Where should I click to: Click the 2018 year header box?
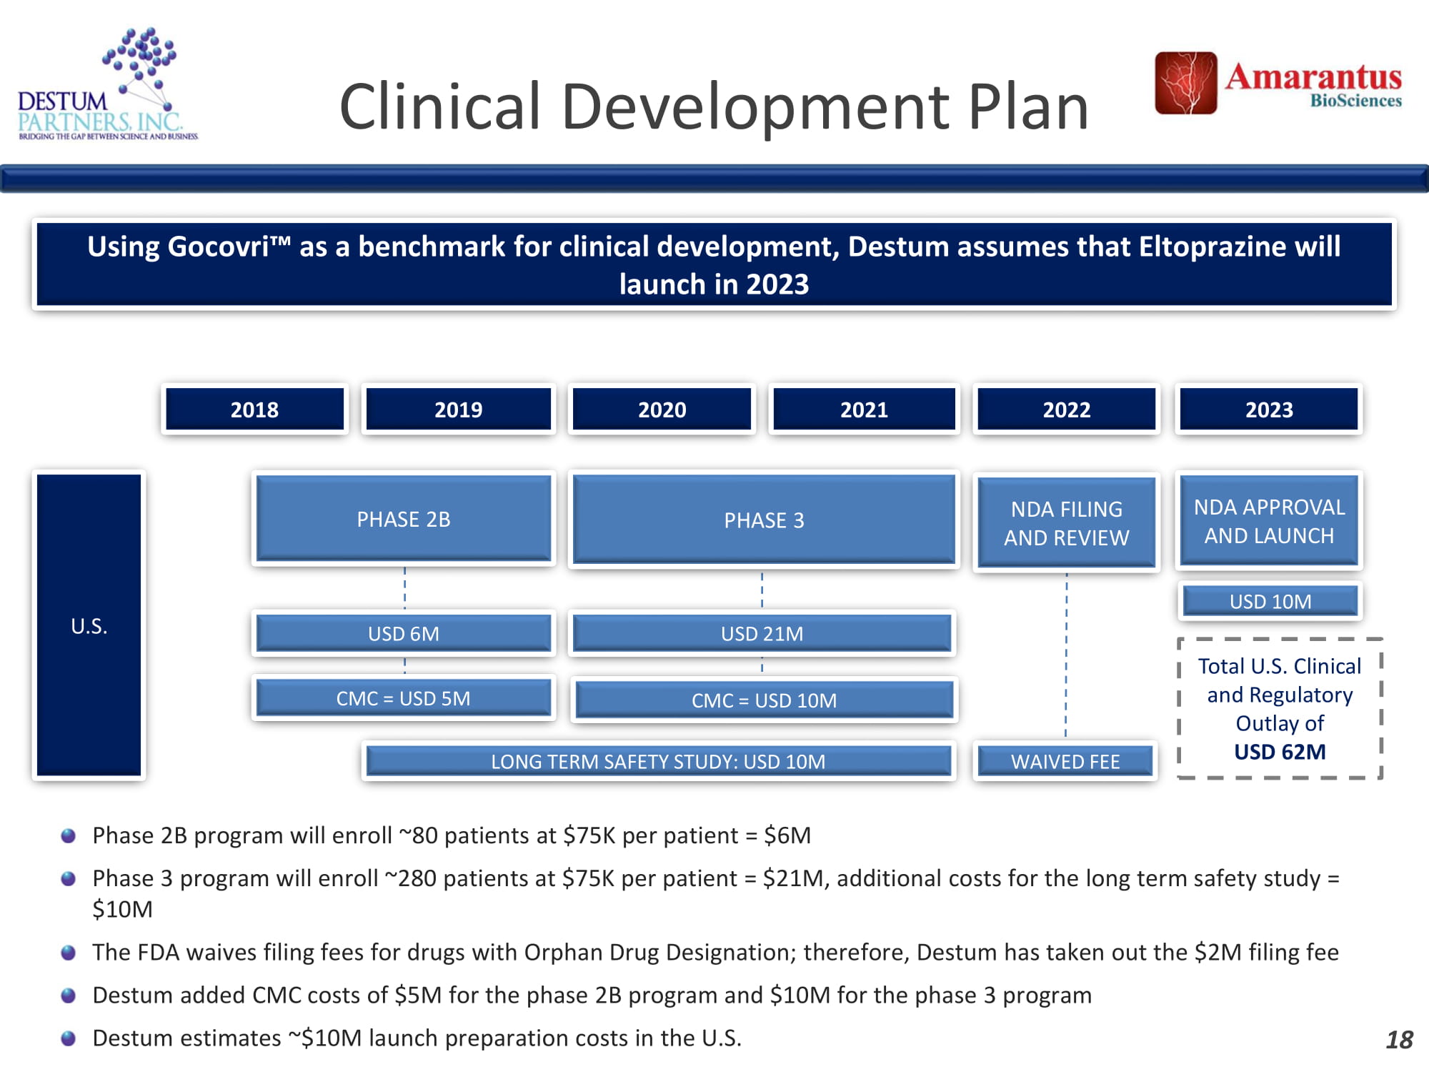(254, 409)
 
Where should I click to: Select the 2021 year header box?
(864, 409)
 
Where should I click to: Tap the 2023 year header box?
(1269, 409)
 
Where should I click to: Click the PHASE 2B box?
(404, 519)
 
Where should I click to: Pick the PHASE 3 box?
(764, 520)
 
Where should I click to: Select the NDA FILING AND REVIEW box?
(1067, 523)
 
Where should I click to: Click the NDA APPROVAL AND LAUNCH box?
(1269, 520)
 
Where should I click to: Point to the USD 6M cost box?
(404, 633)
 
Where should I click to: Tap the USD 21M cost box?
(762, 633)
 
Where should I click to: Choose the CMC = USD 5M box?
(404, 698)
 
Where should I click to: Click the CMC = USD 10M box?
(764, 700)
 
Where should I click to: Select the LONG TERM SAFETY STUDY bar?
(658, 761)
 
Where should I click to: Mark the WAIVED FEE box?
(1065, 761)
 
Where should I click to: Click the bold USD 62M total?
(1280, 752)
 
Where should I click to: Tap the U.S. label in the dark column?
(89, 626)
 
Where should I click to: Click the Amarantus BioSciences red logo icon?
(1186, 83)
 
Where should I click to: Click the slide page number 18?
(1399, 1040)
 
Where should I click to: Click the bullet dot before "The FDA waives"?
(69, 953)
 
